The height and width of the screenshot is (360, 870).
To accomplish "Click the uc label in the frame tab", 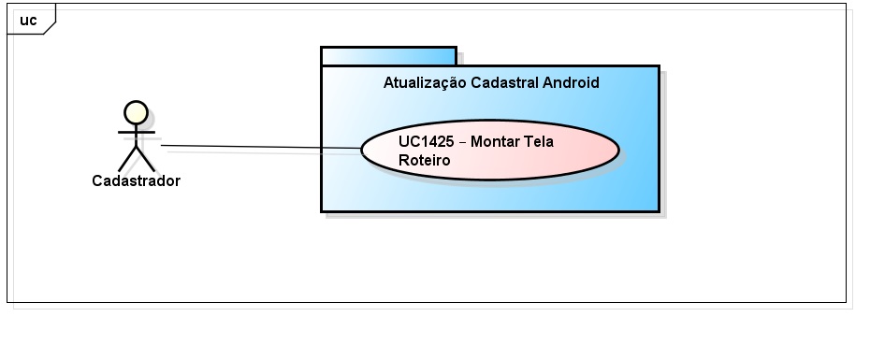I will point(28,20).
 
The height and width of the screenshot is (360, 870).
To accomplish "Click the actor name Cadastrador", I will point(136,181).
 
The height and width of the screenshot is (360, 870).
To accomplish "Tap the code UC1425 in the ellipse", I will point(427,142).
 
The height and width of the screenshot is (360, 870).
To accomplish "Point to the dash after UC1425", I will point(463,142).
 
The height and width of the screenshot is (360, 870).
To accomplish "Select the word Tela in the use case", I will point(540,142).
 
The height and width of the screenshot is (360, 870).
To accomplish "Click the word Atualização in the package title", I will point(428,82).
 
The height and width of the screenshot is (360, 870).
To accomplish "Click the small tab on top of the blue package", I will point(388,56).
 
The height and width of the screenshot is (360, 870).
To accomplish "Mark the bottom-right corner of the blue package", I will point(658,210).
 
